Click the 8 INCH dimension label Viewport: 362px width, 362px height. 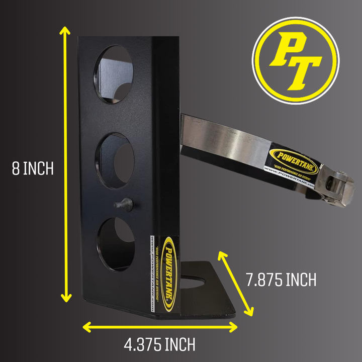tap(33, 168)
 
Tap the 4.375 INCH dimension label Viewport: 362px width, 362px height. tap(159, 345)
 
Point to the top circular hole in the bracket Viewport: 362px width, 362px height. tap(113, 74)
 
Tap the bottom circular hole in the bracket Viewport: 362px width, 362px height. tap(116, 244)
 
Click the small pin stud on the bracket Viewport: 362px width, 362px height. tap(123, 204)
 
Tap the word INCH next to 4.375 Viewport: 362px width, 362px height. tap(177, 345)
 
